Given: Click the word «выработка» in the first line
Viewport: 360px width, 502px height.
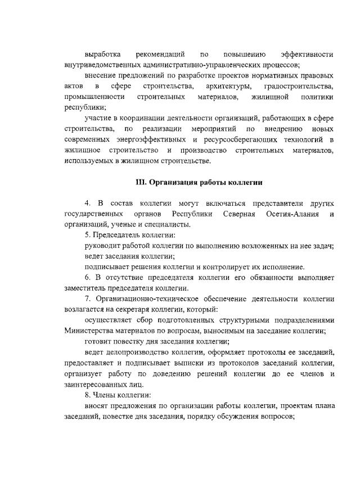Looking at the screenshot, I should [103, 55].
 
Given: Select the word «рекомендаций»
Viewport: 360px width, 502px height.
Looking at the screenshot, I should [160, 55].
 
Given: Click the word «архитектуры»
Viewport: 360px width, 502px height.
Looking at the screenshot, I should [228, 87].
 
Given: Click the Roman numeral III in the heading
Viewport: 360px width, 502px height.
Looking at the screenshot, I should [141, 183].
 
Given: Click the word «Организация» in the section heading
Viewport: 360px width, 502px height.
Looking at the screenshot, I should [174, 183].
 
